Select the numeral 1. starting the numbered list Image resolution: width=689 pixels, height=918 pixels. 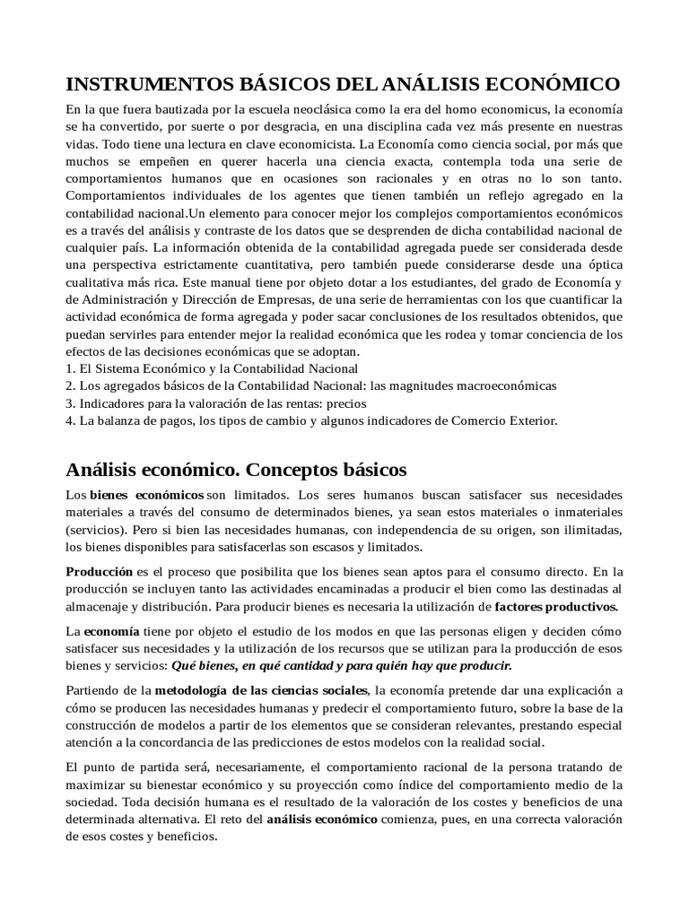pos(72,368)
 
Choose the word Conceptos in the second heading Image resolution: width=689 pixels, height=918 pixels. pos(290,470)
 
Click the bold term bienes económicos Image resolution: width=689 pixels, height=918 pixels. pos(146,496)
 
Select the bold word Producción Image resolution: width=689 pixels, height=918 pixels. pos(100,571)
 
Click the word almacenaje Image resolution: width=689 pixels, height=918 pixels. pos(98,606)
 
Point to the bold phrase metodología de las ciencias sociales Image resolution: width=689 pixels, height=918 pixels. pos(262,690)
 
